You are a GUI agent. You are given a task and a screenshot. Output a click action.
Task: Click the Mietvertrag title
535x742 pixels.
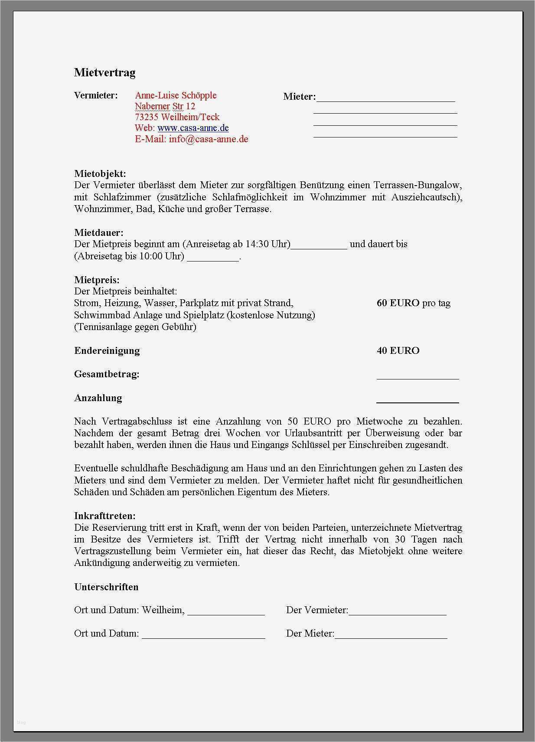click(x=104, y=72)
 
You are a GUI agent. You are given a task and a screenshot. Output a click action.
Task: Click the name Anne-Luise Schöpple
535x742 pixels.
click(x=176, y=95)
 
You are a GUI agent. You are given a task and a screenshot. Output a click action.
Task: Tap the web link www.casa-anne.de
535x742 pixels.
click(x=193, y=128)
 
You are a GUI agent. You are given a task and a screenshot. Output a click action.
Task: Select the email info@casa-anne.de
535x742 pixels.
click(x=209, y=139)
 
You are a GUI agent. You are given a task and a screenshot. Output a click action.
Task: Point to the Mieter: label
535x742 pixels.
click(x=299, y=97)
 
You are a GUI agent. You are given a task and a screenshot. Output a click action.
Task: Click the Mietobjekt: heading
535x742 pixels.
click(x=100, y=174)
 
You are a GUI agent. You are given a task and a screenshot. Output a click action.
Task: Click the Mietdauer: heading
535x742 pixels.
click(x=99, y=233)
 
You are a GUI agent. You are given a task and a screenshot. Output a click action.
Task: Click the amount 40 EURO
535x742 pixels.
click(x=398, y=350)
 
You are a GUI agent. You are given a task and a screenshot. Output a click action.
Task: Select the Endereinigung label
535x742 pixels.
click(x=107, y=350)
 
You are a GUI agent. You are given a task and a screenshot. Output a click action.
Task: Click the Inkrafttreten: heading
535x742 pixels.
click(x=105, y=516)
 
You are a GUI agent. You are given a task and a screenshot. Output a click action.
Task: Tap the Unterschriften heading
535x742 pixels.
click(x=106, y=587)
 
